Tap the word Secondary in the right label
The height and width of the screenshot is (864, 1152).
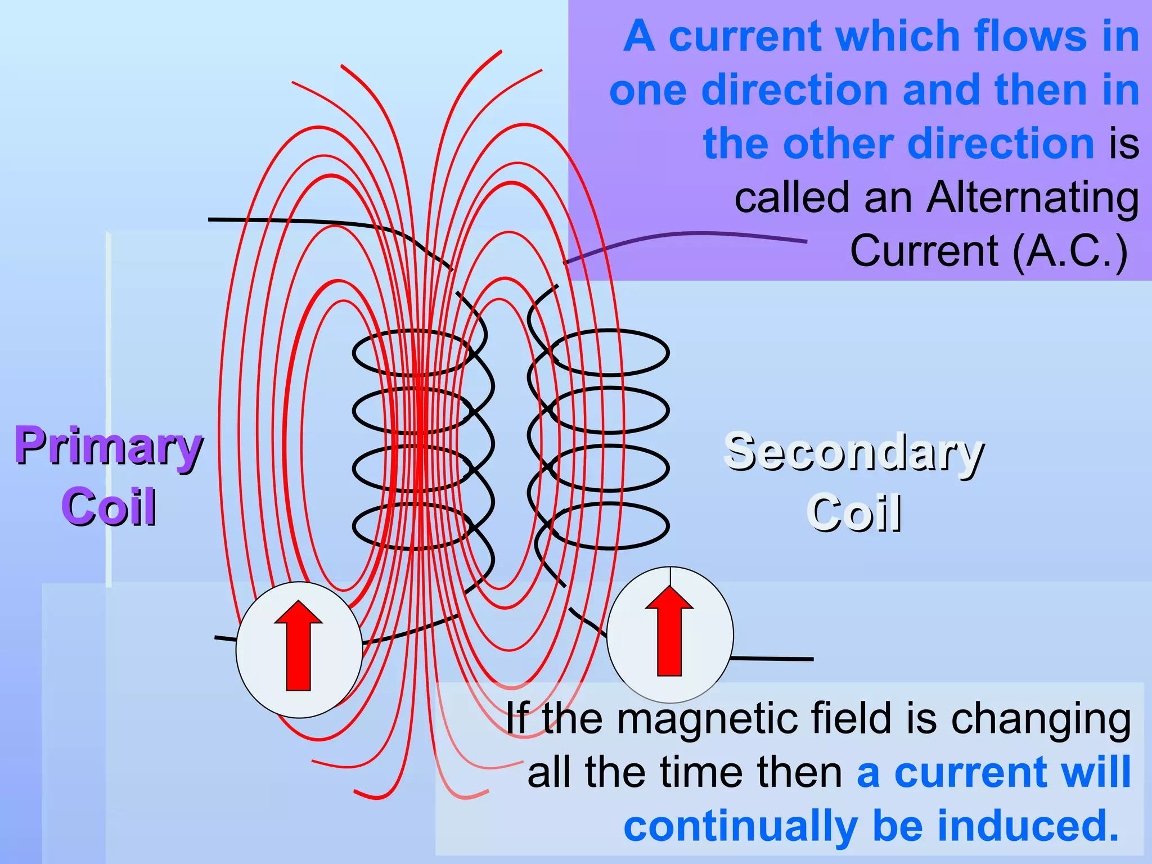[854, 452]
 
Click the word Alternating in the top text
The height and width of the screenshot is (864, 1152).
[1033, 198]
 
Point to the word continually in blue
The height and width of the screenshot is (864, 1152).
[740, 826]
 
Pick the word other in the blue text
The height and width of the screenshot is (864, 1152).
[839, 144]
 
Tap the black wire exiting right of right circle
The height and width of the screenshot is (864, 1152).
[773, 658]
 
